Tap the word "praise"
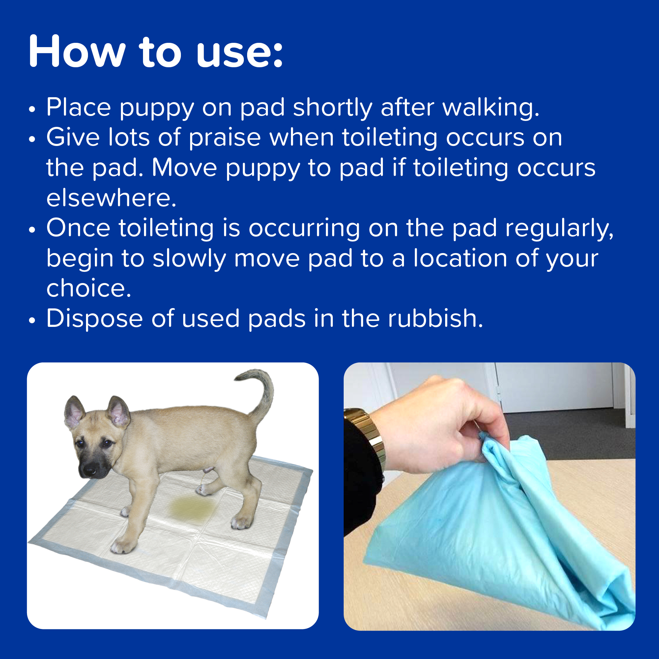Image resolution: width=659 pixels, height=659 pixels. click(x=225, y=138)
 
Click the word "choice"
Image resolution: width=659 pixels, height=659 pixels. click(x=88, y=288)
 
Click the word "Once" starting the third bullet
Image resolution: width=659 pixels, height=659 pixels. click(x=78, y=228)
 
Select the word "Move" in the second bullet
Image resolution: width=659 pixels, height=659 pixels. click(x=184, y=168)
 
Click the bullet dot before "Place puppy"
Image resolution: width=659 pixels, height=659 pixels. click(x=32, y=109)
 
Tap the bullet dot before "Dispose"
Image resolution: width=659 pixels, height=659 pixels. click(x=32, y=321)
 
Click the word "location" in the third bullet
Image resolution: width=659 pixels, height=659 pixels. click(x=460, y=258)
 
